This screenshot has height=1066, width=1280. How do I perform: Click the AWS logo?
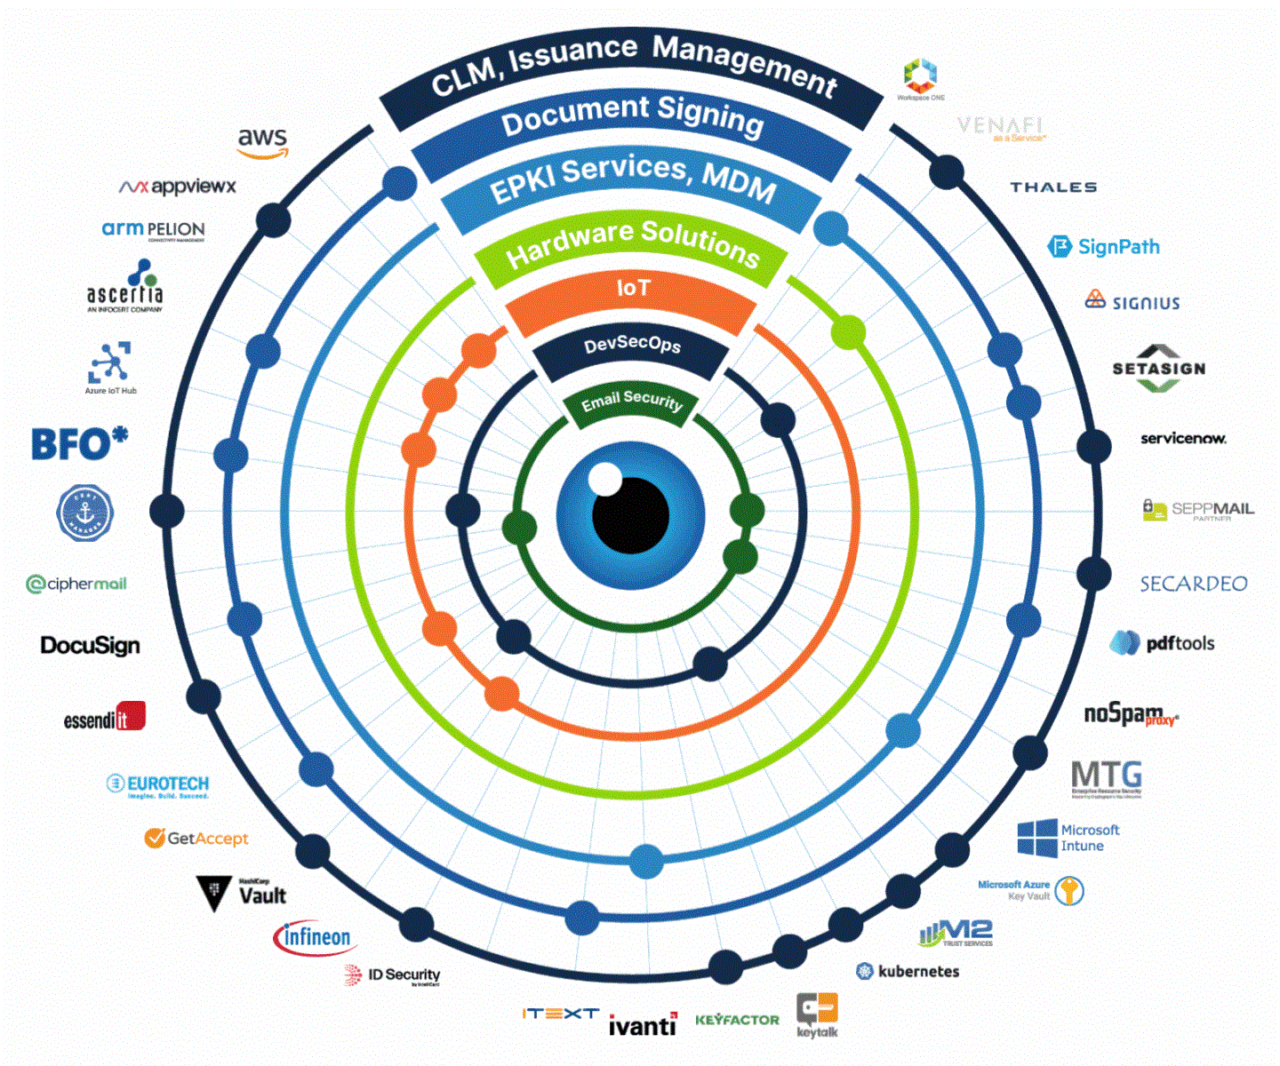[263, 142]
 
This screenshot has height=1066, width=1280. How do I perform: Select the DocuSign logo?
[91, 645]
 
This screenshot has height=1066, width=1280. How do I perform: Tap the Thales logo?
[1053, 187]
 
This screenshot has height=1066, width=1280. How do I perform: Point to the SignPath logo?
[1104, 247]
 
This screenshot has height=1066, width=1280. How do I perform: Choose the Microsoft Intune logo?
[1068, 838]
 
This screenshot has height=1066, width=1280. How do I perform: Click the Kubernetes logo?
[908, 971]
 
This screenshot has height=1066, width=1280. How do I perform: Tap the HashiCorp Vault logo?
[242, 894]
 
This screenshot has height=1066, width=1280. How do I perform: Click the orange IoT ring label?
[632, 290]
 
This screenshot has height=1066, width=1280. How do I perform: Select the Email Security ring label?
[631, 402]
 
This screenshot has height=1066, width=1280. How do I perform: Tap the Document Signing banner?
[632, 115]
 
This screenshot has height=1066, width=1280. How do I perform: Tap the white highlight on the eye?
[605, 479]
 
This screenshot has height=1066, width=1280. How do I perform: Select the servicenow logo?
[1183, 438]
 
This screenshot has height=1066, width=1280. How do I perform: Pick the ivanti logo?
[642, 1025]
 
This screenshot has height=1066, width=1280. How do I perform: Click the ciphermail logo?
[76, 584]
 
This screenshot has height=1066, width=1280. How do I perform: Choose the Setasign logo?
[1158, 368]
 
